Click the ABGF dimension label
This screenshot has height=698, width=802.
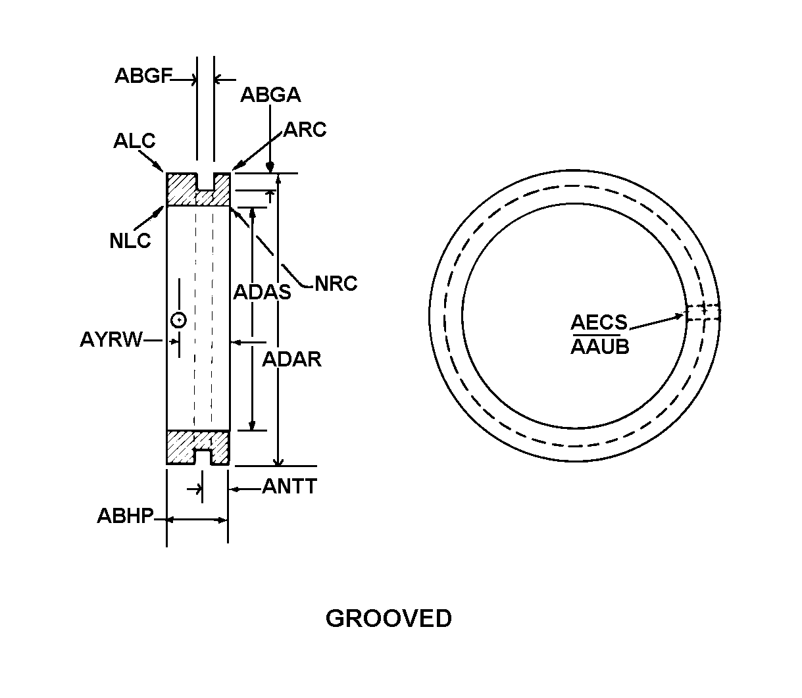[143, 76]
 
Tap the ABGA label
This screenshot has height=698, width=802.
[270, 95]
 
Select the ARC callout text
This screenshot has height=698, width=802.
[305, 130]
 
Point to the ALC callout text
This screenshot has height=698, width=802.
[134, 141]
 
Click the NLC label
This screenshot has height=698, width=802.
[130, 241]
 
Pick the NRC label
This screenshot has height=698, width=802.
[336, 284]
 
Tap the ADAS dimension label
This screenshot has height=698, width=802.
[263, 292]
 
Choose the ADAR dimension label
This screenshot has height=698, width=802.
[291, 359]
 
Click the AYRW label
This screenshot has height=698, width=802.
[111, 339]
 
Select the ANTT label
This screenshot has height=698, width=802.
[289, 486]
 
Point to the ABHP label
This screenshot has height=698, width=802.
[125, 515]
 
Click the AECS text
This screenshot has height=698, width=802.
[599, 322]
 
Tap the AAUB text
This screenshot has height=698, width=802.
[600, 347]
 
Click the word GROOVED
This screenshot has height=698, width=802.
[388, 618]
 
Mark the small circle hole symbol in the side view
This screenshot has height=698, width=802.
[179, 320]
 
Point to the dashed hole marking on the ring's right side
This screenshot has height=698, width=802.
[703, 312]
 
